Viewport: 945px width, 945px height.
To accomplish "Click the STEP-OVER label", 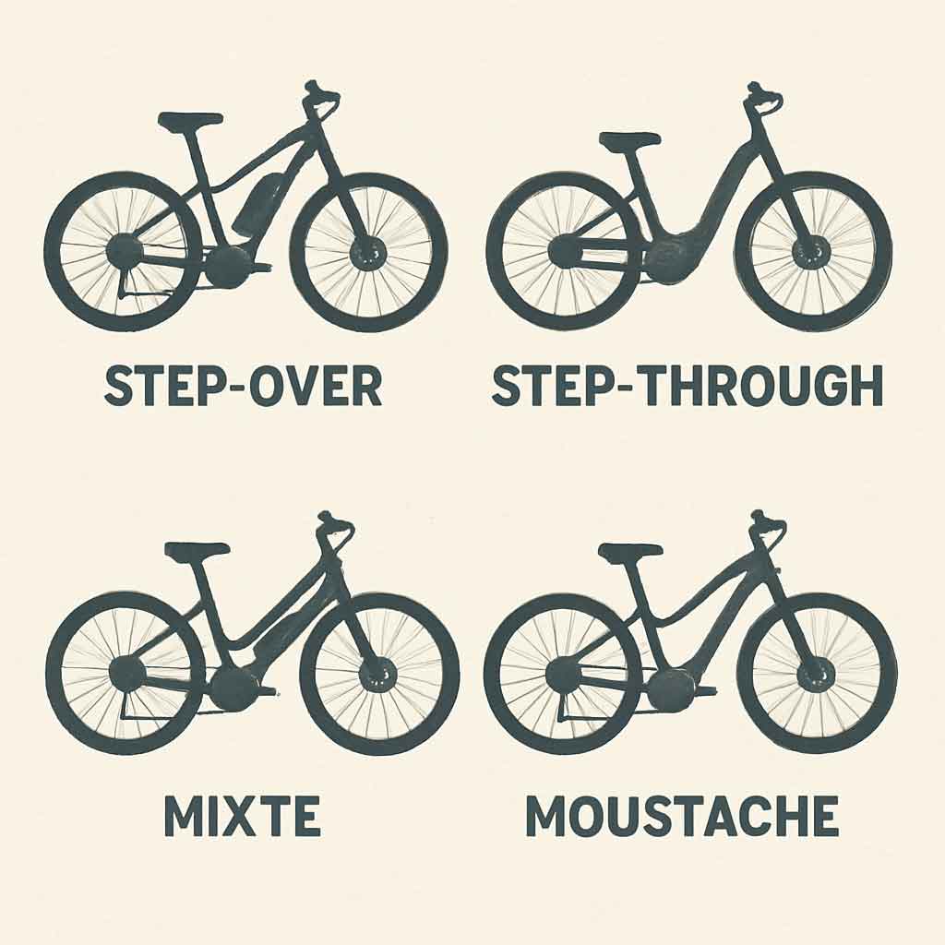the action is (244, 385).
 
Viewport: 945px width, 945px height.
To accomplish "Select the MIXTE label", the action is (243, 816).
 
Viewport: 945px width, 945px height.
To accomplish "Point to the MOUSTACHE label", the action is (682, 816).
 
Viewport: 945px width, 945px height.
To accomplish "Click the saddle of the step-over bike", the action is (188, 120).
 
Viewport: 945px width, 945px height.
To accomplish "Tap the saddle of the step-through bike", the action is (629, 138).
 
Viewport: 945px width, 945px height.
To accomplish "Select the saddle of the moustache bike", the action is (629, 550).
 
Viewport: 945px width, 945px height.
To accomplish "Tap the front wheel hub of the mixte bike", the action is (377, 674).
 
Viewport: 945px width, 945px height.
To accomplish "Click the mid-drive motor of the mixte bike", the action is (233, 689).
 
